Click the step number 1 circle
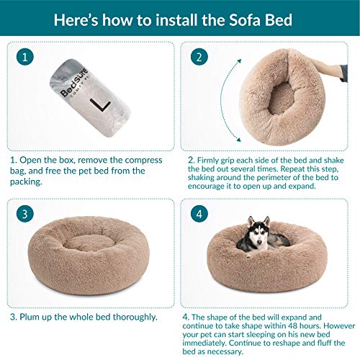25,57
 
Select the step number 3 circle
25,213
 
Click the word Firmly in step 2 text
216,160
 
